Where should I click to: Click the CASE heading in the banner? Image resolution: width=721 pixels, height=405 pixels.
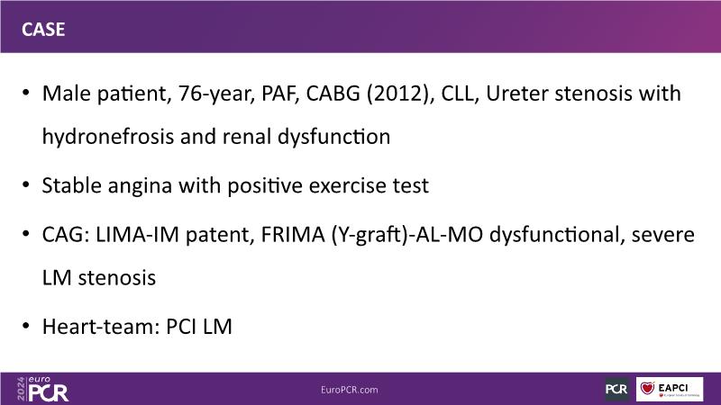(x=43, y=30)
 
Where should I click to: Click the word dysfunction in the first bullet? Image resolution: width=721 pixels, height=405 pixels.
(x=333, y=138)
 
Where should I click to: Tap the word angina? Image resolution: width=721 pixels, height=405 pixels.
(x=140, y=186)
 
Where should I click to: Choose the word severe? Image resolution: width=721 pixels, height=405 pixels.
(x=663, y=236)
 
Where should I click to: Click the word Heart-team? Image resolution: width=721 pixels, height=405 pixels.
(x=101, y=327)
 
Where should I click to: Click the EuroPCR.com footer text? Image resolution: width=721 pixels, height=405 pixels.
(x=350, y=390)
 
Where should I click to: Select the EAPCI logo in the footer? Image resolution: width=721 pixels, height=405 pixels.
(x=670, y=390)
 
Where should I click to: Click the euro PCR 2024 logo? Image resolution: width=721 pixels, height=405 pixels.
(x=42, y=390)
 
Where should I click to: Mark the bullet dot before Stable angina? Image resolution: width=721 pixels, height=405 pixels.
(x=26, y=185)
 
